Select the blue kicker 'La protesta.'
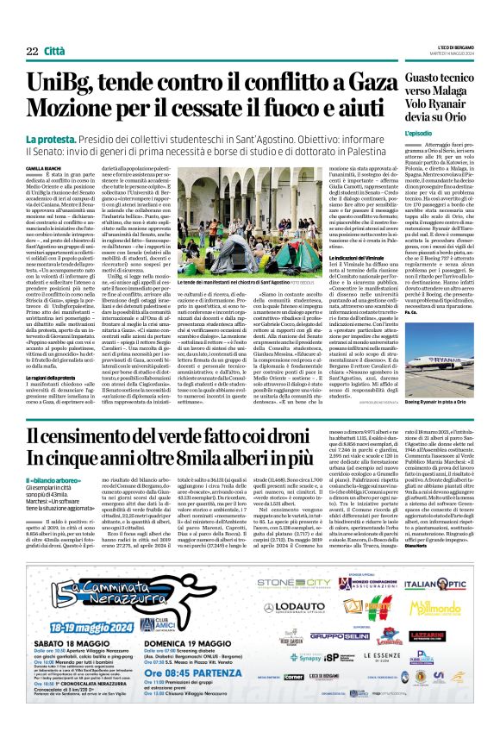coord(51,139)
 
